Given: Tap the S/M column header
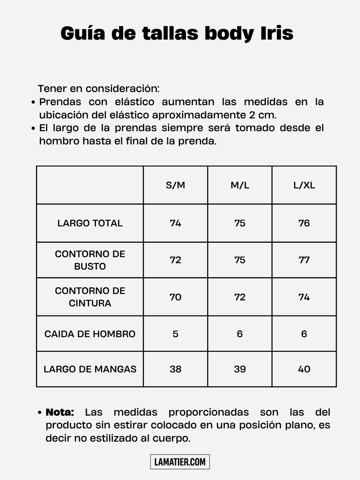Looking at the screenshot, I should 176,185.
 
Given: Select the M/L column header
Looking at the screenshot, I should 240,185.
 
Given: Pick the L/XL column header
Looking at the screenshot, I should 304,185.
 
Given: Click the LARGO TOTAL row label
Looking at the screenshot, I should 90,223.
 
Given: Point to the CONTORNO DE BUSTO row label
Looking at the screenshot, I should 90,260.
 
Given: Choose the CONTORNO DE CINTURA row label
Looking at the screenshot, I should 90,297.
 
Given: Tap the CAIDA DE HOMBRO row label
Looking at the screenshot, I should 90,334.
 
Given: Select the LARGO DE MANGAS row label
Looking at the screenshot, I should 90,369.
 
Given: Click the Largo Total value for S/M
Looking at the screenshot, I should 176,223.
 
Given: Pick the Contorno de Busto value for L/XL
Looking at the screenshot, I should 304,260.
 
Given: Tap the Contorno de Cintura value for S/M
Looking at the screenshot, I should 176,297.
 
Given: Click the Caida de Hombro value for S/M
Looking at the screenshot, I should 176,334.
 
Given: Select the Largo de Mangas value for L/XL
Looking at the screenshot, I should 304,369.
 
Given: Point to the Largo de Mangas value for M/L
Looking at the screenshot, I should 240,369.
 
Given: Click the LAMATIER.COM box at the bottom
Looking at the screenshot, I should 180,462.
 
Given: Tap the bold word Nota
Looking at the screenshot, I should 60,412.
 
